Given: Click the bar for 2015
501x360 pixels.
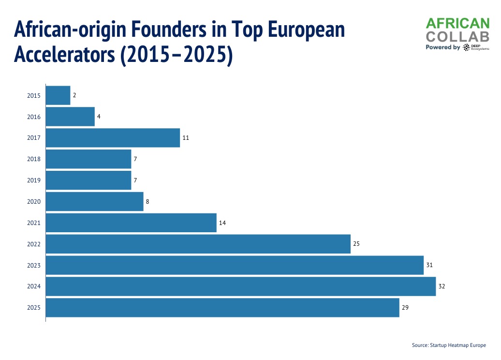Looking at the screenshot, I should coord(58,95).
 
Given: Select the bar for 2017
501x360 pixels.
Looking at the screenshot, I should coord(113,138).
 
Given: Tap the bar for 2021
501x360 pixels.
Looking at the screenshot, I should coord(131,223).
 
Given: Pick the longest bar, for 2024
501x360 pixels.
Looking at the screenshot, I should coord(241,286).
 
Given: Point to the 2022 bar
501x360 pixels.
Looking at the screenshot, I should coord(198,244).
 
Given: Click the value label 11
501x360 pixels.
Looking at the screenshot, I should coord(186,138).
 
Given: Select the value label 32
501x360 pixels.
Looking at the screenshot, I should coord(442,286).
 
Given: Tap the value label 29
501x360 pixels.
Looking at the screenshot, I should coord(405,308).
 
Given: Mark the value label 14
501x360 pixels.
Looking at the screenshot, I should coord(222,223).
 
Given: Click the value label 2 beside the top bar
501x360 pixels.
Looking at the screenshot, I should coord(74,95).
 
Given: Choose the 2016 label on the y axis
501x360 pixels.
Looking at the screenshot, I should coord(34,117).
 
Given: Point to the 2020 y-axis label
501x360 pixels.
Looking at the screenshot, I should coord(34,202).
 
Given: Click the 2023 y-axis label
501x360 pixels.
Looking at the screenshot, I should coord(34,266).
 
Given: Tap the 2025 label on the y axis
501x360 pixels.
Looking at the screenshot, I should coord(34,308).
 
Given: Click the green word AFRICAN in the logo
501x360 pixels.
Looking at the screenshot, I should coord(457,23).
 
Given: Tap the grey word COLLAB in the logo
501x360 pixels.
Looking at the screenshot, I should coord(457,36).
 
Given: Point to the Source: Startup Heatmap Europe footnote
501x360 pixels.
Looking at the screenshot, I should coord(449,345).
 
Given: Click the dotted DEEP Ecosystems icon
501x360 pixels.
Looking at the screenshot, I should coord(466,47).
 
